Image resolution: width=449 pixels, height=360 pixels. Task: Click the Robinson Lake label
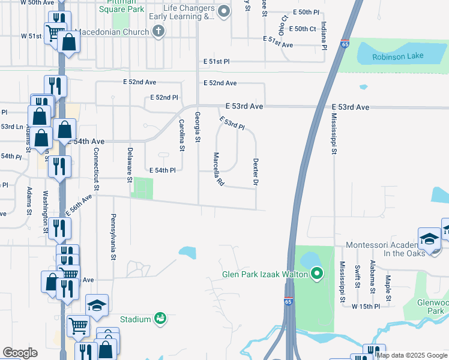click(397, 56)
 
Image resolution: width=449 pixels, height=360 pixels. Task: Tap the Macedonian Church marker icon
click(158, 32)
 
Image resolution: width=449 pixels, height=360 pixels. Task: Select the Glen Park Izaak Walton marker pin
click(318, 275)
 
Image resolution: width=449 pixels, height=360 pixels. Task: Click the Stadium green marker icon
click(159, 318)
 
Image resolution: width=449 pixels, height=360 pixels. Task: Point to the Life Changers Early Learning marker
click(224, 11)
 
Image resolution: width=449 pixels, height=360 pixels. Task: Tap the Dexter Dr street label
click(256, 171)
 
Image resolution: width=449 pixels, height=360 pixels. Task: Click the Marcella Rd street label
click(218, 169)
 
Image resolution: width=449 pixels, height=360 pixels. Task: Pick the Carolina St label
click(181, 134)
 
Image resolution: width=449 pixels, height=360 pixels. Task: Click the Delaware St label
click(129, 164)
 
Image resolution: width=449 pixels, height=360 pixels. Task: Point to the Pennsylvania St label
click(112, 237)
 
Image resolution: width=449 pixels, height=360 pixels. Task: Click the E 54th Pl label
click(162, 170)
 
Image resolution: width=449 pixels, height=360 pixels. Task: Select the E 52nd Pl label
click(164, 97)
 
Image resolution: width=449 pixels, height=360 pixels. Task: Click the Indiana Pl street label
click(324, 35)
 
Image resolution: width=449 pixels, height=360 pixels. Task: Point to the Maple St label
click(388, 288)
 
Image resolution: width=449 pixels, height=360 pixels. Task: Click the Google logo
click(20, 353)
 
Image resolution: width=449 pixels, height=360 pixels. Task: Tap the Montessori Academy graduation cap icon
click(430, 239)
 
